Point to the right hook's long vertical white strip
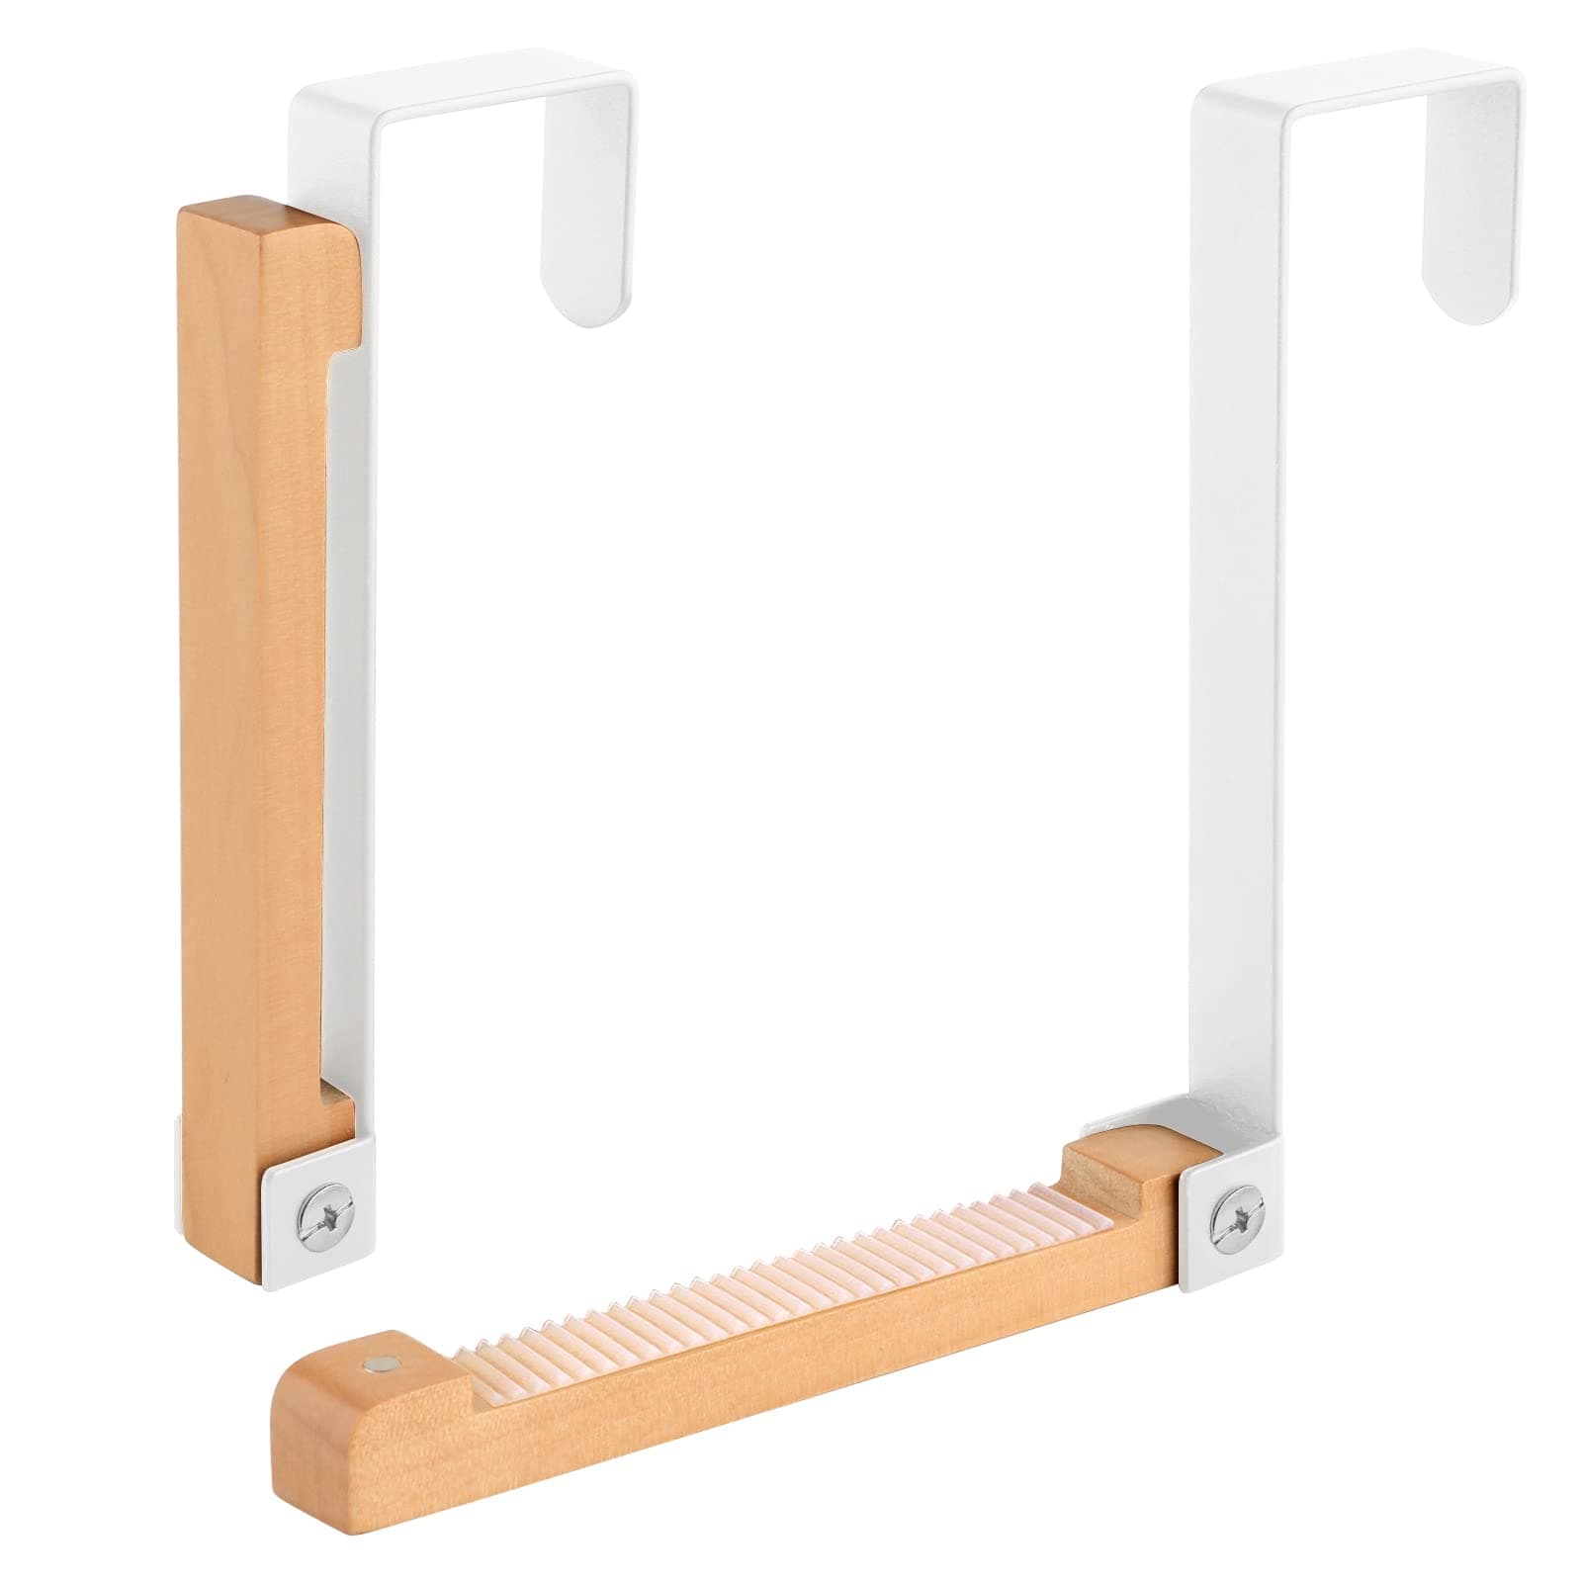coord(1236,593)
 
